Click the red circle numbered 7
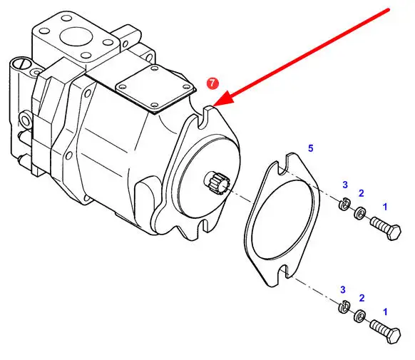(212, 83)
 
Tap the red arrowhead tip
(213, 107)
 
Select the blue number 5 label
(310, 148)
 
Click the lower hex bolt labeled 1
(386, 331)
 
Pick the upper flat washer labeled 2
(359, 213)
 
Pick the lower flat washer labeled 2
(359, 317)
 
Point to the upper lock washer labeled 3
(344, 203)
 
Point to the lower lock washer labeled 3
(344, 307)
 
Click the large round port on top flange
(76, 37)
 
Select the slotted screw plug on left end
(21, 64)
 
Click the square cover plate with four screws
(155, 88)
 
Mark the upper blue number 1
(385, 207)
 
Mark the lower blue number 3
(343, 289)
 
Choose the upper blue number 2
(362, 193)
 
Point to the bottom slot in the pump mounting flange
(205, 225)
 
